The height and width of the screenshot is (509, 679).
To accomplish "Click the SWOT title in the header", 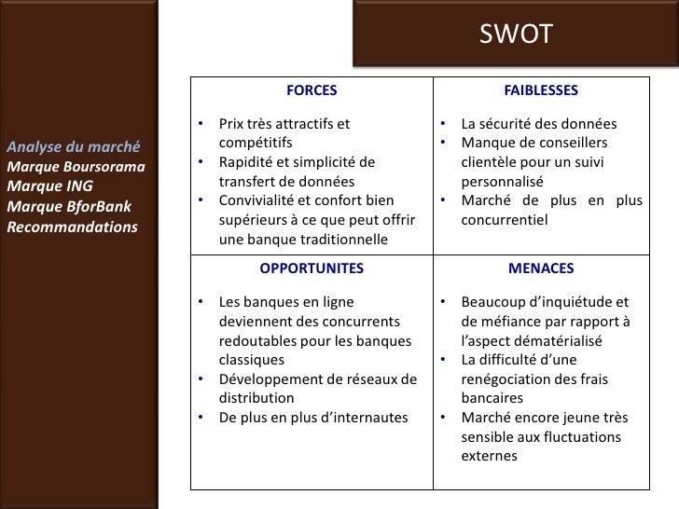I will tap(516, 34).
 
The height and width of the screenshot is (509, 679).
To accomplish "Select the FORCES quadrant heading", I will tap(312, 90).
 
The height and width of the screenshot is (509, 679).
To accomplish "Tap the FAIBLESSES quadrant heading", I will tap(541, 90).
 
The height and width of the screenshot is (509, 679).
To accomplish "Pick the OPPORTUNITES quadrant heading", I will tap(312, 268).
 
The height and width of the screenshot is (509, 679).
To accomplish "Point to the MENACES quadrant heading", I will tap(541, 268).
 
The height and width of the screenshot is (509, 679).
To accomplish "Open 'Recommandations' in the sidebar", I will tap(72, 227).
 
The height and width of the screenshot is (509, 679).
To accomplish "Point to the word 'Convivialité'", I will tap(259, 201).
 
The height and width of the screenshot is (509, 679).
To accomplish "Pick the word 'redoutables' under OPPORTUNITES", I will tap(256, 341).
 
